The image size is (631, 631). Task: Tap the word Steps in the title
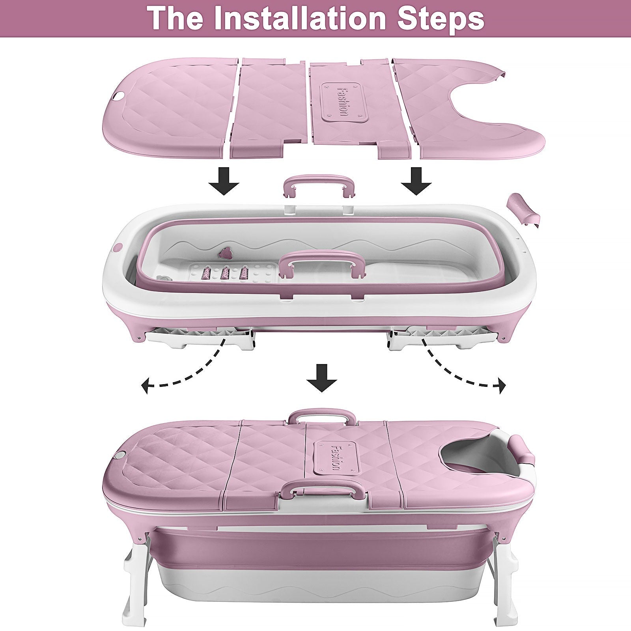(441, 19)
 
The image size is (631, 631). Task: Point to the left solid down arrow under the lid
(224, 181)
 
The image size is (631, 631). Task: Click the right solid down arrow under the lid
(416, 181)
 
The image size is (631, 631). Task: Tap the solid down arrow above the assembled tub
(322, 378)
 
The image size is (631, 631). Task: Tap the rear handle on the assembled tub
(321, 418)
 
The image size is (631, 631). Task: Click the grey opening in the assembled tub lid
(469, 454)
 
